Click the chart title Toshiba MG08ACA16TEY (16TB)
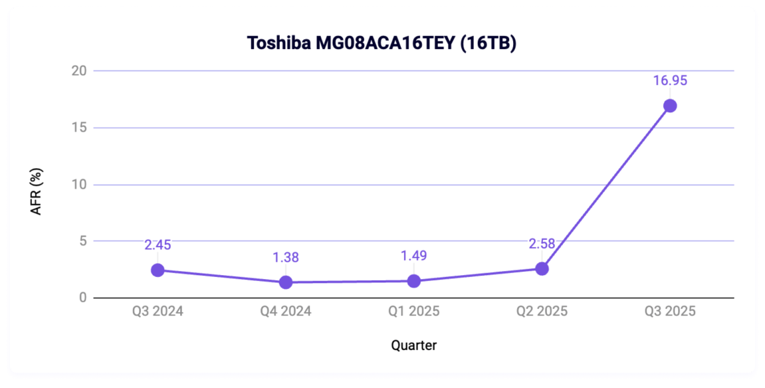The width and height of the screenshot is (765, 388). [x=382, y=43]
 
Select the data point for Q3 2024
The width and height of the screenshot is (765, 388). [x=158, y=270]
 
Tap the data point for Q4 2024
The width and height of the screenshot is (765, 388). [x=286, y=282]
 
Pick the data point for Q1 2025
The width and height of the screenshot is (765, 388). [x=413, y=280]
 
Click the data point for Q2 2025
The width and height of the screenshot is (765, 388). [x=542, y=268]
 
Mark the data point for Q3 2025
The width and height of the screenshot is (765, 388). [x=670, y=106]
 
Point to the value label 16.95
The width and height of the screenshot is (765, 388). [x=670, y=81]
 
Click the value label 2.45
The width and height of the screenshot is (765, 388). [x=158, y=245]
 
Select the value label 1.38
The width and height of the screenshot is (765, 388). [x=286, y=257]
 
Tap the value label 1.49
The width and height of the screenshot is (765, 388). [x=413, y=256]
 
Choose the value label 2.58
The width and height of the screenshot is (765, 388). [x=542, y=244]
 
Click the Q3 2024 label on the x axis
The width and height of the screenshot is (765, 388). [x=158, y=312]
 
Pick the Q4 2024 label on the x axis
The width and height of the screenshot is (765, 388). [x=286, y=312]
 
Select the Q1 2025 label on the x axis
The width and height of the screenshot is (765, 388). [x=413, y=312]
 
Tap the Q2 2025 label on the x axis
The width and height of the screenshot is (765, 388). [x=542, y=312]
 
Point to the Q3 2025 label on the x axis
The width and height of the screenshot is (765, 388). [x=670, y=312]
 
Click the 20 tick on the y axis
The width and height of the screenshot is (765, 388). [x=79, y=71]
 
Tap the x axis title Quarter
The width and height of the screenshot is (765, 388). [x=413, y=345]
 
